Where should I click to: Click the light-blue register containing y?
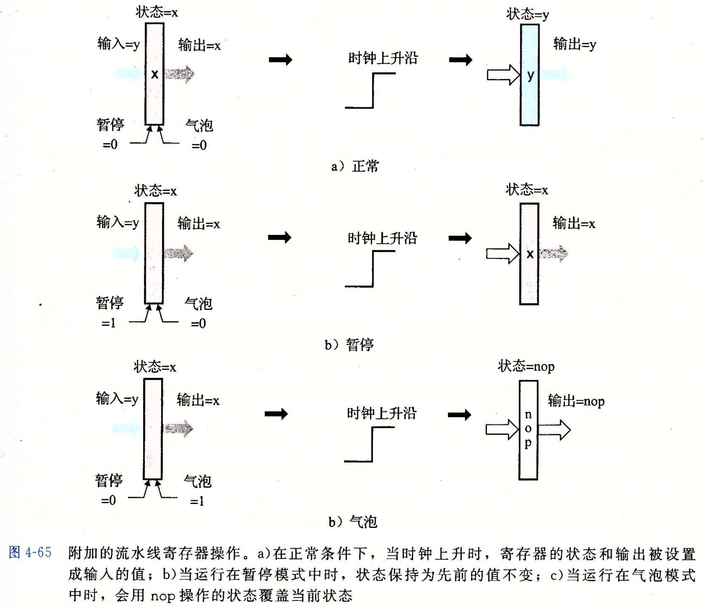click(530, 75)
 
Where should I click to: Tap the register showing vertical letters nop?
click(528, 430)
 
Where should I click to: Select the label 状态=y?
click(528, 14)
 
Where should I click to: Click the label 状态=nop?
click(526, 366)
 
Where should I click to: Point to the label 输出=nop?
click(576, 401)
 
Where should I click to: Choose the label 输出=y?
click(575, 44)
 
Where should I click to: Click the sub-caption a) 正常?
click(355, 166)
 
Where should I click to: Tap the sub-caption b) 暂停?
click(349, 344)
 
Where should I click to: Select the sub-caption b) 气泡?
click(353, 521)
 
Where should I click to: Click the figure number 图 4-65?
click(30, 552)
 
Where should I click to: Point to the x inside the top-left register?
click(155, 74)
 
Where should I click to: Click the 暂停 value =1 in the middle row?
click(108, 323)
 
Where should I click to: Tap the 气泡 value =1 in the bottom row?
click(197, 501)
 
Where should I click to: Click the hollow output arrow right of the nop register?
click(554, 430)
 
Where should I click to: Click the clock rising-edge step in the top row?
click(373, 91)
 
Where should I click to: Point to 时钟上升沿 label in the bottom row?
click(382, 413)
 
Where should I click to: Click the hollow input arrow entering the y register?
click(503, 75)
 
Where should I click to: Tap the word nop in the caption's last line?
click(163, 596)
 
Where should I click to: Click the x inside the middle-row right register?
click(530, 254)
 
